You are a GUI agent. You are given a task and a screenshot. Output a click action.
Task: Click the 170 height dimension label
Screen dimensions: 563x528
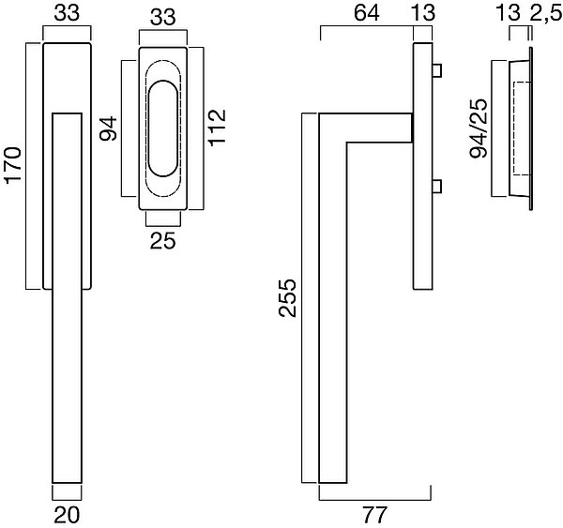pos(13,165)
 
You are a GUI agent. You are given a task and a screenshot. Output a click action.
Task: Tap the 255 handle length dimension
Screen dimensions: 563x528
pos(288,298)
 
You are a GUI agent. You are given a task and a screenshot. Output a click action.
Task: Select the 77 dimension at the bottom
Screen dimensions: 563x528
pos(374,515)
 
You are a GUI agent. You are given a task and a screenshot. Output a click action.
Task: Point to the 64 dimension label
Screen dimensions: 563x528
pos(367,13)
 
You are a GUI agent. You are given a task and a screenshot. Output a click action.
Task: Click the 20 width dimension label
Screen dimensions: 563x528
pos(67,515)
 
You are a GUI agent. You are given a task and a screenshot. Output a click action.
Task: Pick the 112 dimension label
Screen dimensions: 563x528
pos(217,128)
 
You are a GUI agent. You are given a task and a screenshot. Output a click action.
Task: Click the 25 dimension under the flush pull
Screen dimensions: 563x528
pos(162,240)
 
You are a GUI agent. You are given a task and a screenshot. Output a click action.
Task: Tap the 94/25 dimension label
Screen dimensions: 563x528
pos(479,128)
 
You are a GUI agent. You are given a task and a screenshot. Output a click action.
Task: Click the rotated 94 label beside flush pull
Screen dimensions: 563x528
pos(108,128)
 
